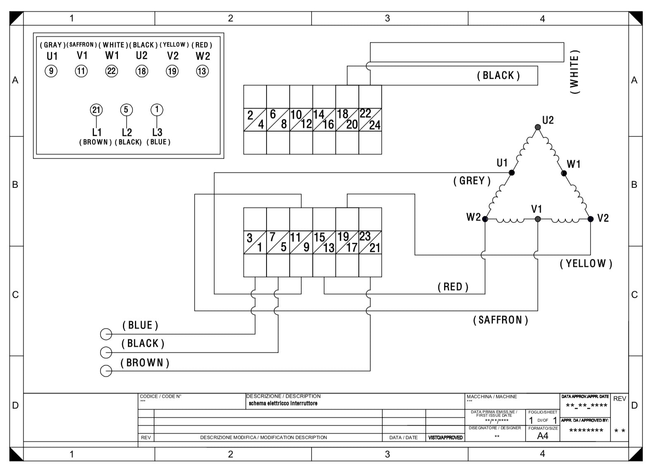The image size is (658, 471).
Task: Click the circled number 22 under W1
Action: (111, 71)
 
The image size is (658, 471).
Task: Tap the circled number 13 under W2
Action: (202, 71)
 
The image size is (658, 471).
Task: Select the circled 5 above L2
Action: (126, 110)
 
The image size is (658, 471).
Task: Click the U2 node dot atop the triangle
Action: (538, 127)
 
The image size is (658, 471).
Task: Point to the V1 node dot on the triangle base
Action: (538, 219)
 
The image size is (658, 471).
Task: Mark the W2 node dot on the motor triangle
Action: (485, 219)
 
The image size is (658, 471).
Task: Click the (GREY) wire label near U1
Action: (472, 181)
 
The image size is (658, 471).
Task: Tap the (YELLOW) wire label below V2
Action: (586, 264)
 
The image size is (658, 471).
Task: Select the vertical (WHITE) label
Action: (574, 72)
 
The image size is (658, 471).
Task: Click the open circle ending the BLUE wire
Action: (106, 334)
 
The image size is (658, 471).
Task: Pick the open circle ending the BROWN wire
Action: (106, 371)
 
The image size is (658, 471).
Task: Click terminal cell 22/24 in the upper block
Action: (370, 120)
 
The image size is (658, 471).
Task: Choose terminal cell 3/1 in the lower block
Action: (255, 243)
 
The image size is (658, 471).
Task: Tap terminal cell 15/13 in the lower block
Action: (324, 243)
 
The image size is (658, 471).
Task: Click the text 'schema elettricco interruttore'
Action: (283, 404)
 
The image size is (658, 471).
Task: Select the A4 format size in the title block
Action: (543, 436)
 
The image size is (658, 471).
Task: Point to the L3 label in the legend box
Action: (157, 132)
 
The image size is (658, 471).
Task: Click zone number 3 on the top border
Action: (387, 18)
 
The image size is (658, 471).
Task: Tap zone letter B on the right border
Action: (634, 185)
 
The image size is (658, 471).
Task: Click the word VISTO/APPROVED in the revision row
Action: (445, 437)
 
